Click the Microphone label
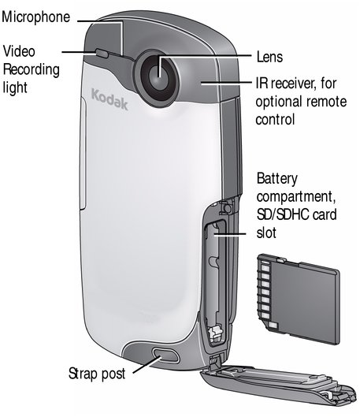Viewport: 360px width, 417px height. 36,17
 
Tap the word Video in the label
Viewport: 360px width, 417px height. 19,51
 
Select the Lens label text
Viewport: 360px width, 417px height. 269,57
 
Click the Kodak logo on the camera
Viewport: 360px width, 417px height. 109,99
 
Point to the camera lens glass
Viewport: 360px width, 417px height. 158,77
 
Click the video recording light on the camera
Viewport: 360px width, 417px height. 102,53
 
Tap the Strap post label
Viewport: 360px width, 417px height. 97,374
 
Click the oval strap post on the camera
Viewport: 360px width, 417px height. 165,356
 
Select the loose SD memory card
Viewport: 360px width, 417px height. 299,299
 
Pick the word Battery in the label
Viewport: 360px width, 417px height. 276,179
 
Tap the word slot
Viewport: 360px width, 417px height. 266,233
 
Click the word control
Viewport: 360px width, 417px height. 275,119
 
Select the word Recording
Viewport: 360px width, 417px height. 31,70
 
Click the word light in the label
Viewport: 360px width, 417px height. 15,87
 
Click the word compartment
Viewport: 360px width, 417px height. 295,197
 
